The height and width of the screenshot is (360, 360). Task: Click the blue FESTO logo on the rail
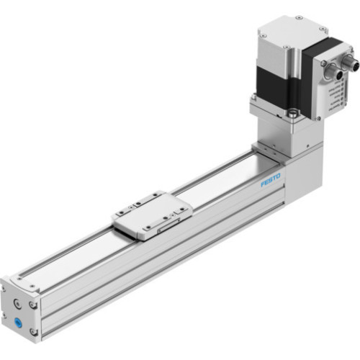(x=271, y=179)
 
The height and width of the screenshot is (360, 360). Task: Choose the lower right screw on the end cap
(x=33, y=331)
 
